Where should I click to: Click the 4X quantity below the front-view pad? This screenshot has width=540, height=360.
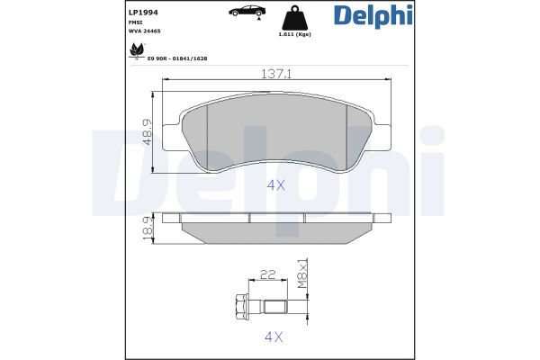pyautogui.click(x=275, y=185)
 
